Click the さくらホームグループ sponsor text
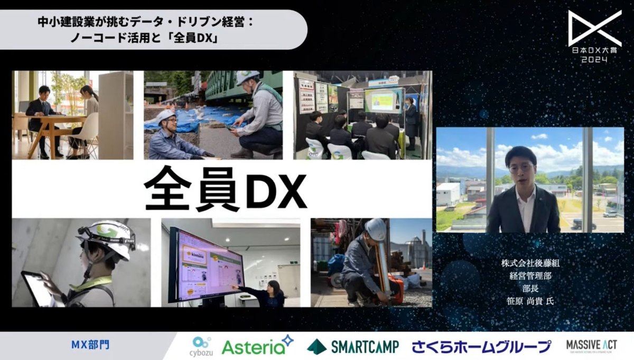pyautogui.click(x=481, y=347)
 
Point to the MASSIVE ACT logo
pyautogui.click(x=591, y=346)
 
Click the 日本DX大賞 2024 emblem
pyautogui.click(x=594, y=35)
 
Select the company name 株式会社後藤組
pyautogui.click(x=530, y=263)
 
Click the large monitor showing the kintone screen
pyautogui.click(x=206, y=264)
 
